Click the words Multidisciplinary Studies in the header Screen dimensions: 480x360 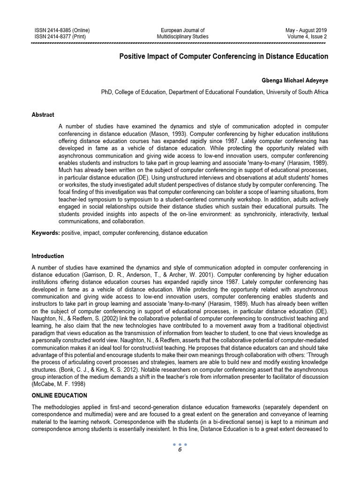coord(182,37)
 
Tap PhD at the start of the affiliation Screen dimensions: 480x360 coord(107,92)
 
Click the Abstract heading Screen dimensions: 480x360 coord(43,115)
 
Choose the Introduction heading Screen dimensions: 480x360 coord(48,256)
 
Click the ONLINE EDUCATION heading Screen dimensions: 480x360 coord(59,396)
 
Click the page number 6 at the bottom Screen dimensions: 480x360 coord(180,450)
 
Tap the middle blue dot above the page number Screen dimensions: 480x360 coord(180,444)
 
